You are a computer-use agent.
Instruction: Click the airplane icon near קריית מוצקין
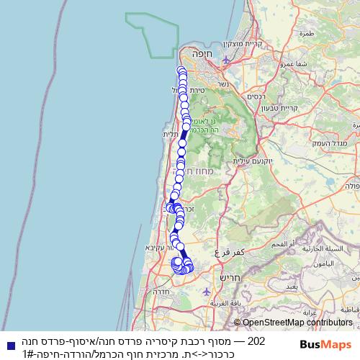pyautogui.click(x=228, y=60)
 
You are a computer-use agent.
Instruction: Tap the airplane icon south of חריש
pyautogui.click(x=207, y=292)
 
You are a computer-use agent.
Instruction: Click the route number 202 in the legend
pyautogui.click(x=257, y=341)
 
